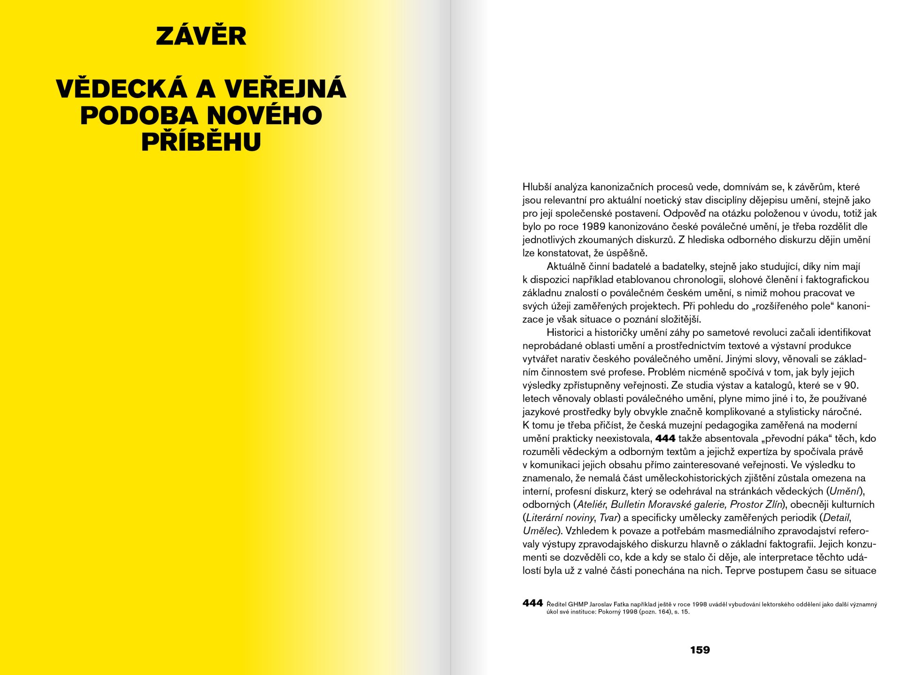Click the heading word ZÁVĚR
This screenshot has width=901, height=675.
pyautogui.click(x=201, y=36)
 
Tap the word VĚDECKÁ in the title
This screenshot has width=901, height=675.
pyautogui.click(x=122, y=89)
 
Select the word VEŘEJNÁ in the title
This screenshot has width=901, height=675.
pyautogui.click(x=285, y=89)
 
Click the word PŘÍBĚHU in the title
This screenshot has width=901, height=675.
pyautogui.click(x=201, y=142)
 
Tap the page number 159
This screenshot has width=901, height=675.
pyautogui.click(x=700, y=650)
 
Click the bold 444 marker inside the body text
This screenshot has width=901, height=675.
pyautogui.click(x=665, y=439)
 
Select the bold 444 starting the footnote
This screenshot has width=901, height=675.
pyautogui.click(x=532, y=603)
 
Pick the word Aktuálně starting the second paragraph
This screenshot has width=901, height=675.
pyautogui.click(x=566, y=266)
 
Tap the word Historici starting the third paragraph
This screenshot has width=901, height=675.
pyautogui.click(x=565, y=333)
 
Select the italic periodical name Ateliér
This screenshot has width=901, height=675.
pyautogui.click(x=592, y=505)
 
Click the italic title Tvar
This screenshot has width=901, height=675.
pyautogui.click(x=608, y=518)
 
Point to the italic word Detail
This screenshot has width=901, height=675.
pyautogui.click(x=836, y=518)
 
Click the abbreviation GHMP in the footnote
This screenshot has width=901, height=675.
pyautogui.click(x=578, y=605)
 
